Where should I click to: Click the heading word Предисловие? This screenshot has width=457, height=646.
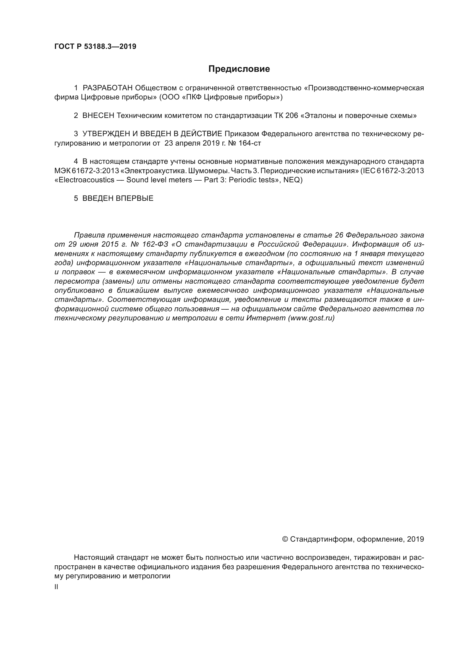(239, 69)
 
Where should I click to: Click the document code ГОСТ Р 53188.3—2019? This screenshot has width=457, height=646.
(95, 47)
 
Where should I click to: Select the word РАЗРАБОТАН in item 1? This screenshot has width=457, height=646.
(107, 88)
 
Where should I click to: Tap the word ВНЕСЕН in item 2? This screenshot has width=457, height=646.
(98, 116)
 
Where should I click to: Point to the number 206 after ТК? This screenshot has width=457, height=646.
(291, 116)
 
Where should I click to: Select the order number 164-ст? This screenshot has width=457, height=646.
(249, 143)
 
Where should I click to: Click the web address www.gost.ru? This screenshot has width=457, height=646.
(311, 318)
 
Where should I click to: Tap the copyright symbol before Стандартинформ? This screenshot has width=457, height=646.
(285, 539)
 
